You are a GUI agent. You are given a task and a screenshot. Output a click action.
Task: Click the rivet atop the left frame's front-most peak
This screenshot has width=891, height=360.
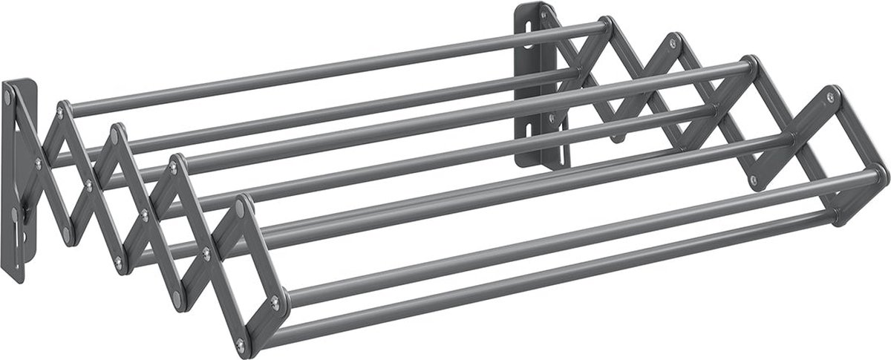241,211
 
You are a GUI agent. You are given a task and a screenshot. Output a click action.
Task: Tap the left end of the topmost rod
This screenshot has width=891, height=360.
63,109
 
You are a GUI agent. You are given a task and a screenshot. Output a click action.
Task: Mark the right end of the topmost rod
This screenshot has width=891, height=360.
605,27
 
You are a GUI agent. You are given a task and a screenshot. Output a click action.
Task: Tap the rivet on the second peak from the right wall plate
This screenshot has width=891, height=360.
673,44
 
